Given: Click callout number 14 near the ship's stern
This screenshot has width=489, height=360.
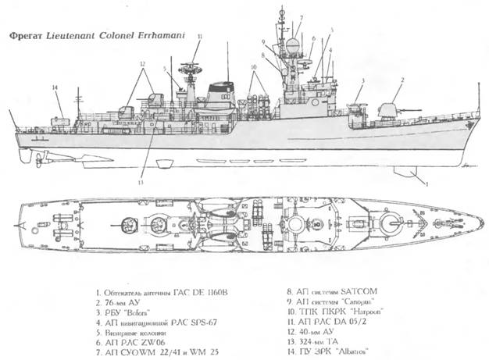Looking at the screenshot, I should (x=55, y=87).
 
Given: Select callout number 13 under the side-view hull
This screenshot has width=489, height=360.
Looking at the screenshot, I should (x=141, y=182).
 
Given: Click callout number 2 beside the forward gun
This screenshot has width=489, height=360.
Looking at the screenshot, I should (x=402, y=80).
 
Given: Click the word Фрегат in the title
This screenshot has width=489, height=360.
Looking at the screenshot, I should (x=20, y=35).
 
